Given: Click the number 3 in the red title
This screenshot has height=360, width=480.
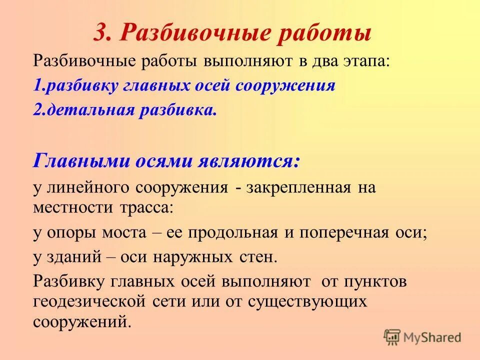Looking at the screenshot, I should coord(100,33).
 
